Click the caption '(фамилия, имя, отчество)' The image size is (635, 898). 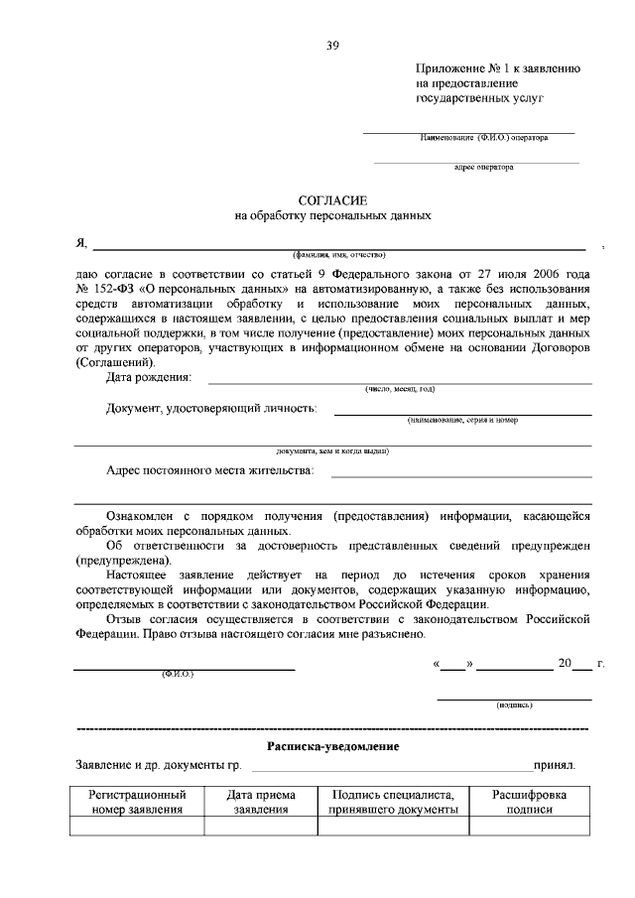click(331, 255)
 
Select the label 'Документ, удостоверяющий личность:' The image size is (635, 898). click(211, 408)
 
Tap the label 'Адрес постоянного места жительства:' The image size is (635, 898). click(209, 470)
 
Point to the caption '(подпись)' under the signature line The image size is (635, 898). click(515, 705)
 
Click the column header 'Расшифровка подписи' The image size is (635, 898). click(530, 802)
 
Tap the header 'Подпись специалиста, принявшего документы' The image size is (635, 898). click(393, 802)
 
